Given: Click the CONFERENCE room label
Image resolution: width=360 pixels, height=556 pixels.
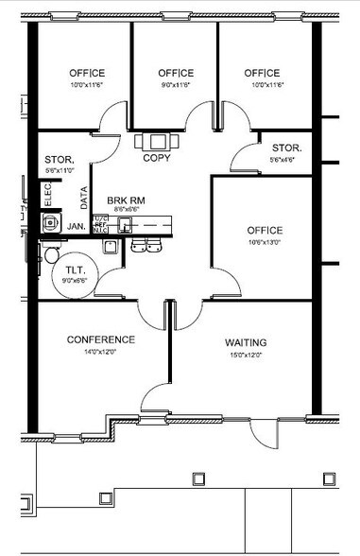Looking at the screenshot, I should [101, 339].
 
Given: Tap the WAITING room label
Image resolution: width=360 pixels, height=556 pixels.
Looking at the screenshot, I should [246, 342].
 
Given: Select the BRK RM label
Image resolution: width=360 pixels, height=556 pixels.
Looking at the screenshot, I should [125, 201].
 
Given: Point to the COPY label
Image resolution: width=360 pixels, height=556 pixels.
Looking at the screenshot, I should [157, 158].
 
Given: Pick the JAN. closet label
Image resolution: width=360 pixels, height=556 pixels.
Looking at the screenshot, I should [77, 227].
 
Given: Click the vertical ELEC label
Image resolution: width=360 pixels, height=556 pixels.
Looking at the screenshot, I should [48, 197].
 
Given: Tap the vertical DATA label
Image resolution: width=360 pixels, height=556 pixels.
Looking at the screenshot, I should [84, 197].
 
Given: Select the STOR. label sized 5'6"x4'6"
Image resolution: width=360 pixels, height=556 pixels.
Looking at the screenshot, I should [286, 148].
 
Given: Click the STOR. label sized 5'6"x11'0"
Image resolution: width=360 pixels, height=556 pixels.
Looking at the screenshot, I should [59, 160].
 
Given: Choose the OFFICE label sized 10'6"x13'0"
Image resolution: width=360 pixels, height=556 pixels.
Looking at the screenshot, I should [264, 230].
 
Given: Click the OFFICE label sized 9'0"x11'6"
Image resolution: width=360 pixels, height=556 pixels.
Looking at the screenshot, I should [176, 73].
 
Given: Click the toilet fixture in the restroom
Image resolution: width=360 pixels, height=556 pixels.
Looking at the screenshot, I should [51, 254].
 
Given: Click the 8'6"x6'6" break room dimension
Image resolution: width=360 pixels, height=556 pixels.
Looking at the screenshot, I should [126, 211].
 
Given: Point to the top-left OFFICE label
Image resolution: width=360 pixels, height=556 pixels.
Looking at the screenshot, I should [87, 73].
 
